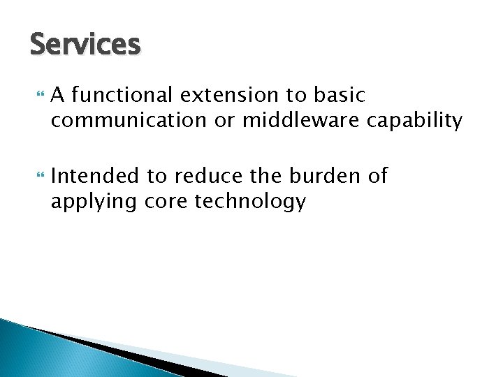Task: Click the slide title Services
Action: (85, 45)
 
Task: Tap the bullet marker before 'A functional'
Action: (38, 93)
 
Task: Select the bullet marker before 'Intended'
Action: (38, 176)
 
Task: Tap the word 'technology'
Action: (251, 202)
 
